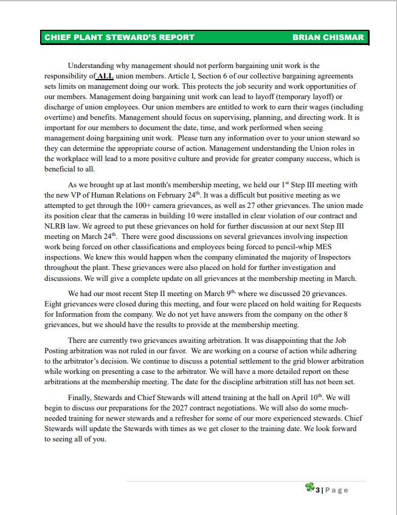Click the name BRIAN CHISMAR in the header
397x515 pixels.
tap(328, 37)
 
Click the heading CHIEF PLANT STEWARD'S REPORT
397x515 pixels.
tap(119, 37)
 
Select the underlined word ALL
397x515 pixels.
tap(105, 76)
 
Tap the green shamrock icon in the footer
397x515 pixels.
tap(310, 488)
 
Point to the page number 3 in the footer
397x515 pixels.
tap(317, 489)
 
